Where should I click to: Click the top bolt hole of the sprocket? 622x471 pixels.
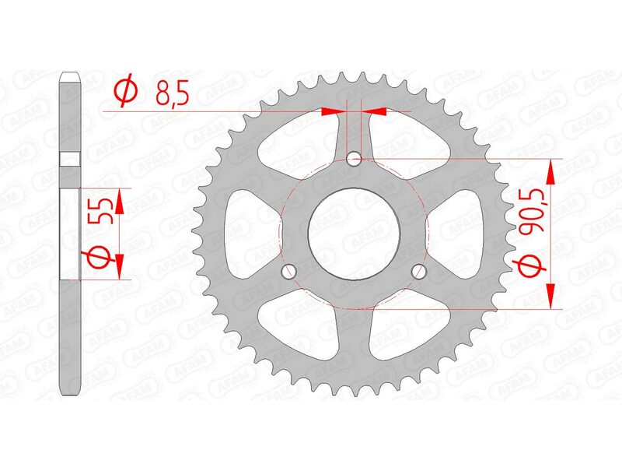coord(355,160)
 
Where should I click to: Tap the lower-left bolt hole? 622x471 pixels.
coord(290,272)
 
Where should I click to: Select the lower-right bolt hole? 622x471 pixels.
coord(421,272)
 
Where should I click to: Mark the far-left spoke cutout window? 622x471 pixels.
coord(250,226)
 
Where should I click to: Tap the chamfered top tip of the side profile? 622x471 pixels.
coord(71,76)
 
